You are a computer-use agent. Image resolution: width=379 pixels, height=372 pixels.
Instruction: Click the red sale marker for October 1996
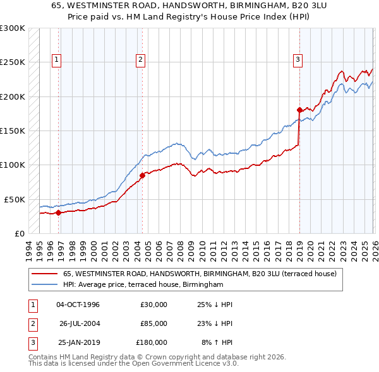point(58,212)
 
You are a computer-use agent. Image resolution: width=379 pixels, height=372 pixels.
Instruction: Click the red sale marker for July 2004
point(142,176)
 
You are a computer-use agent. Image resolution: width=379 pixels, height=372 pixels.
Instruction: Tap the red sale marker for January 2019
point(299,110)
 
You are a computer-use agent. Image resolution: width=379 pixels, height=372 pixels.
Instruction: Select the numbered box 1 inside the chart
point(56,60)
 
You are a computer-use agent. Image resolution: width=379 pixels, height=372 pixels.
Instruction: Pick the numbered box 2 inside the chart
point(140,60)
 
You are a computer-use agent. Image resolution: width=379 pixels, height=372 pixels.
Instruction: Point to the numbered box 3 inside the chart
point(297,60)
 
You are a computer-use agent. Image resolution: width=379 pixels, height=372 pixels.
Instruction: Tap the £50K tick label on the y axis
point(14,199)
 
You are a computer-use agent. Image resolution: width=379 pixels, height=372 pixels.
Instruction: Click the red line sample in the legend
point(45,274)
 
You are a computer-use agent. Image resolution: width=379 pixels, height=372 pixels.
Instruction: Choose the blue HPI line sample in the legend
point(45,285)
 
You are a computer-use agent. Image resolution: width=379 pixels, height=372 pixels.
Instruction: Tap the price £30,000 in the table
point(153,305)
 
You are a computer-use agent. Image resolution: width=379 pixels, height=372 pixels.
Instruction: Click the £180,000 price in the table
point(152,342)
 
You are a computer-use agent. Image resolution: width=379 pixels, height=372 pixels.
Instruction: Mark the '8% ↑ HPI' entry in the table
point(217,342)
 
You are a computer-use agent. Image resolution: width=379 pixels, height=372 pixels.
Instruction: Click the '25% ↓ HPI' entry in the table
point(215,305)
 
